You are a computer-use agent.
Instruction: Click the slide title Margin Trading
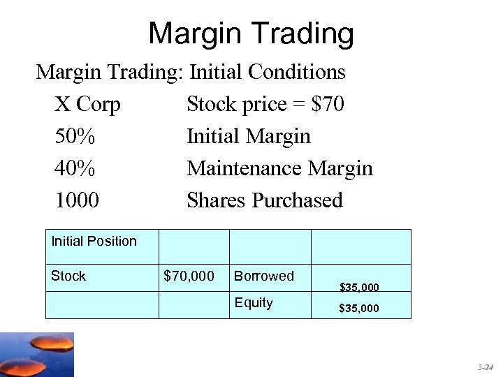point(251,33)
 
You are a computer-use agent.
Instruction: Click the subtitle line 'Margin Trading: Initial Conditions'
point(191,71)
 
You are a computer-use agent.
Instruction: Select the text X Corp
point(87,105)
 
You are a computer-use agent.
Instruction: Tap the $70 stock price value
point(328,105)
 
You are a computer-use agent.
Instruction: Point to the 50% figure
point(75,136)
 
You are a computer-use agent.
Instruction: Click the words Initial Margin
point(248,136)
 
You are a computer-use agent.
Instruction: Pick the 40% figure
point(75,168)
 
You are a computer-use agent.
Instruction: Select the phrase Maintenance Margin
point(279,168)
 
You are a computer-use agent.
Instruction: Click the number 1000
point(77,200)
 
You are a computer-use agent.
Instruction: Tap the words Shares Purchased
point(265,200)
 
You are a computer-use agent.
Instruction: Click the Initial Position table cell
point(94,242)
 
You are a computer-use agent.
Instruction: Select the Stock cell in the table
point(68,276)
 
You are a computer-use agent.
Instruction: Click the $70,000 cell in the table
point(189,276)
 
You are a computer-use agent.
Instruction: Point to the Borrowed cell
point(264,276)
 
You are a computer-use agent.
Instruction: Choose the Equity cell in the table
point(254,303)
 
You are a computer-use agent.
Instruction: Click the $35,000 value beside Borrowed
point(359,287)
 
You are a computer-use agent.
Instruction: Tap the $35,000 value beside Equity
point(359,308)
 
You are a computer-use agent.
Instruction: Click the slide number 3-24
point(485,367)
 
